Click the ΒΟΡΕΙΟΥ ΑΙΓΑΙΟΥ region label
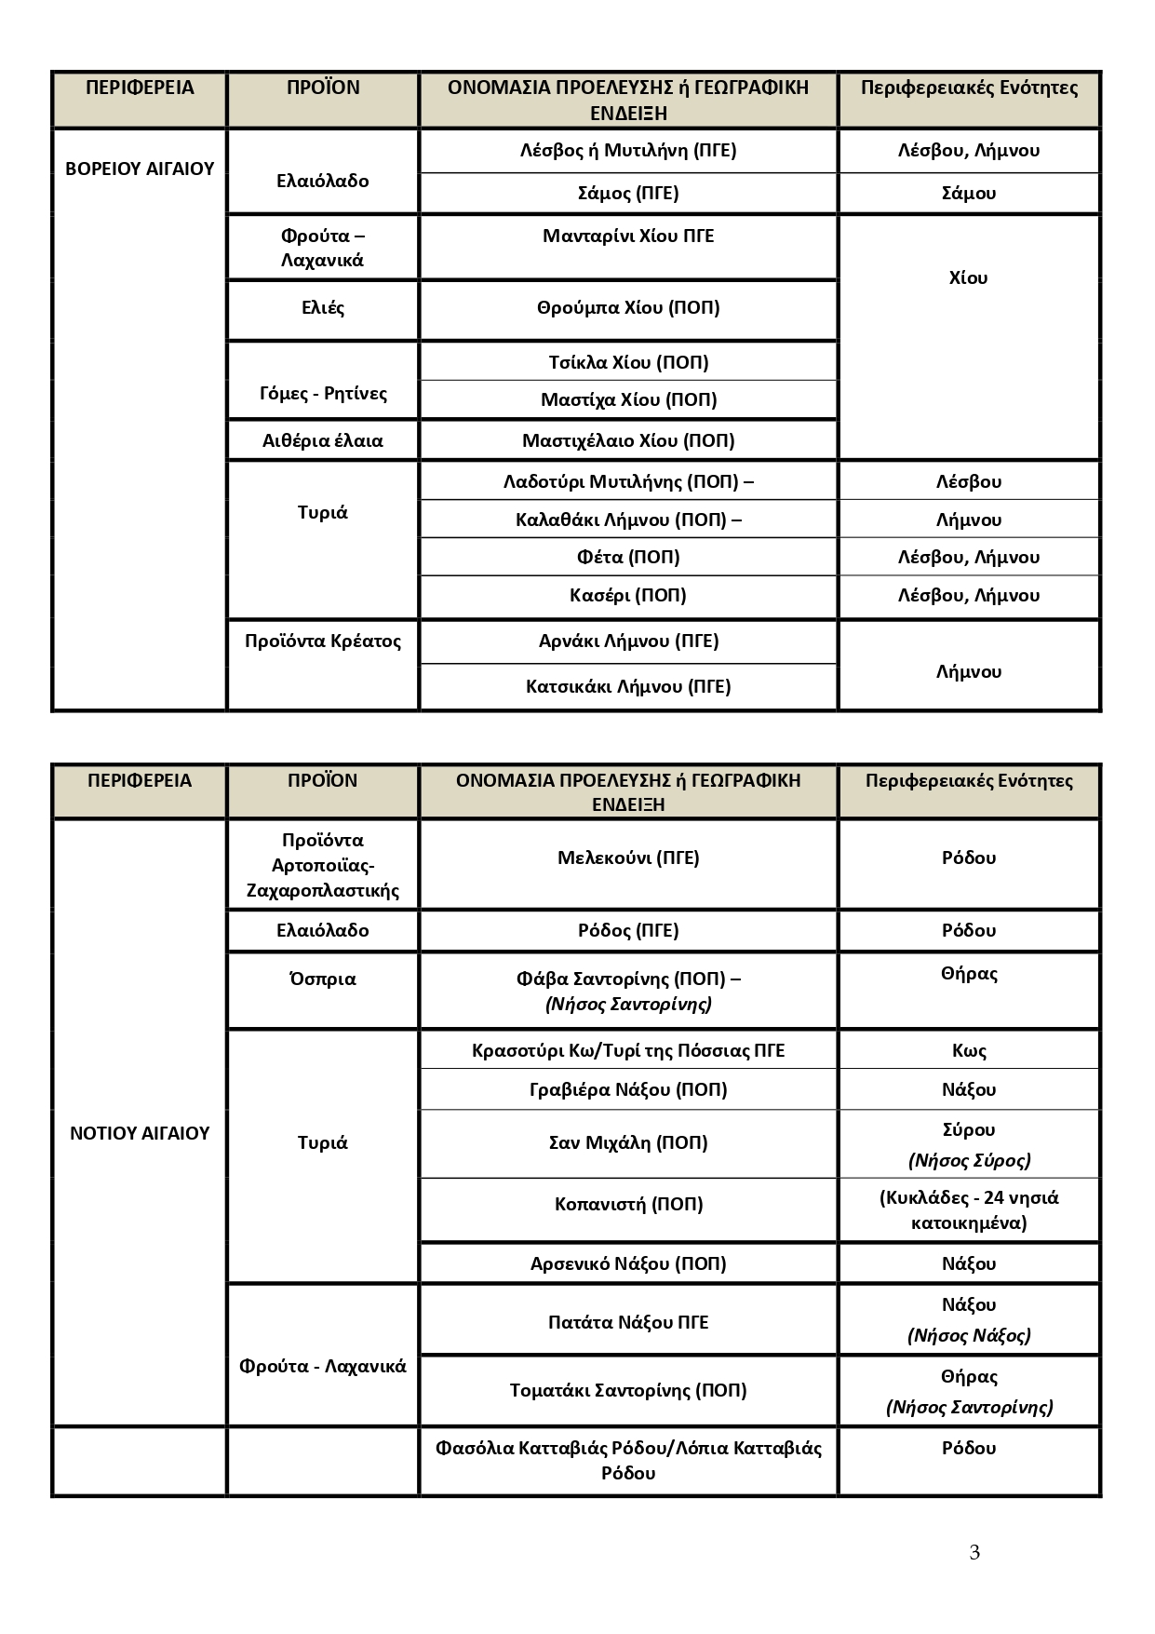click(140, 169)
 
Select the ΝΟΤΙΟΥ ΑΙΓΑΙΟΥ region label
click(140, 1133)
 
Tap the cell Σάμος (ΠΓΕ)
click(628, 193)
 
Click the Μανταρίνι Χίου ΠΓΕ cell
click(628, 236)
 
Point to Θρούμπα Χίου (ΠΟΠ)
click(628, 307)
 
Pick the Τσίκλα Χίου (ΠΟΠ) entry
click(628, 362)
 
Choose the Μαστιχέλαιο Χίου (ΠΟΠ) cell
click(628, 440)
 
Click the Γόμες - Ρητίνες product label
click(323, 393)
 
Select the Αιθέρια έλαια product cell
click(323, 440)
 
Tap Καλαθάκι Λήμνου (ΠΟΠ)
click(628, 520)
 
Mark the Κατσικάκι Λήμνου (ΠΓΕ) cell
click(628, 686)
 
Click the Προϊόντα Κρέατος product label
click(323, 641)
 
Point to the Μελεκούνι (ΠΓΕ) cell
click(628, 858)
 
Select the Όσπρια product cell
click(323, 979)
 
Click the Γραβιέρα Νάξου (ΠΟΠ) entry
click(628, 1089)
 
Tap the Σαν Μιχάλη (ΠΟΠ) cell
click(628, 1142)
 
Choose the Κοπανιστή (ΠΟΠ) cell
click(628, 1204)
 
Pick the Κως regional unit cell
click(969, 1050)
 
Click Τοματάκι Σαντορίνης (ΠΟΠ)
click(628, 1390)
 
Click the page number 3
click(974, 1552)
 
